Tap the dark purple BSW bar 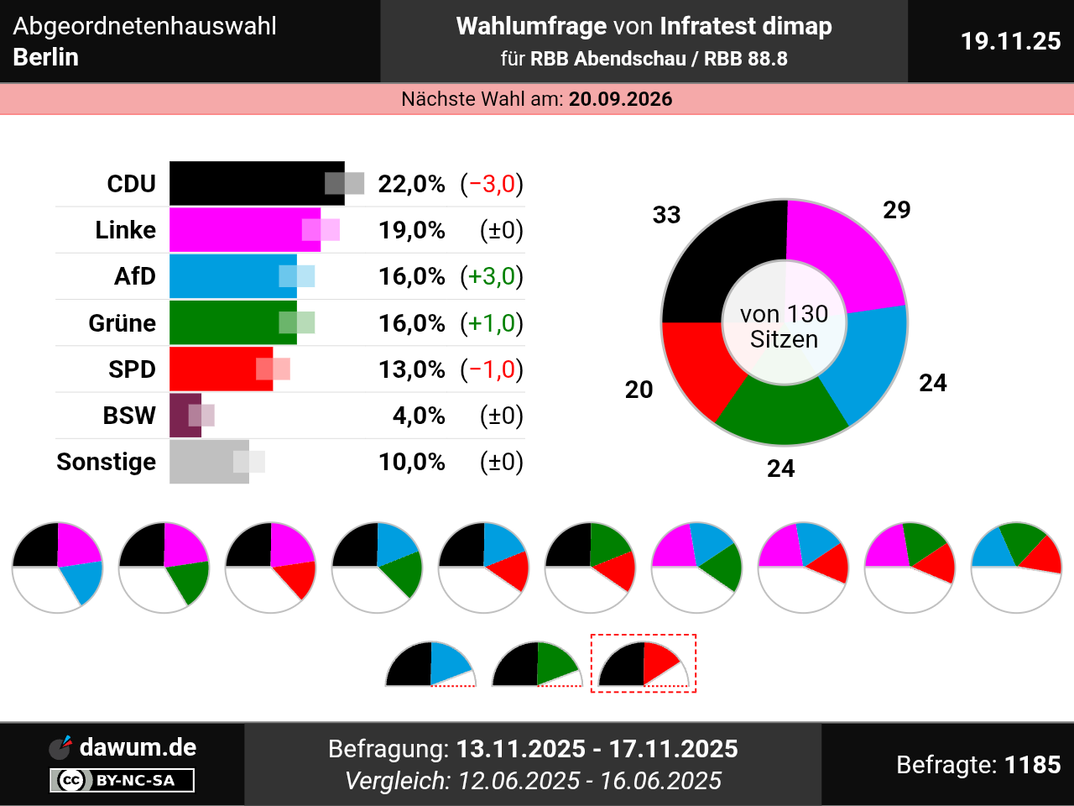click(185, 416)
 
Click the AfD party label click(135, 276)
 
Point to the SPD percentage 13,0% click(411, 369)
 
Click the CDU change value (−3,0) click(492, 184)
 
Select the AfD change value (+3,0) click(492, 276)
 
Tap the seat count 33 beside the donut click(666, 215)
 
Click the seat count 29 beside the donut click(896, 210)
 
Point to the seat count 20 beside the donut click(639, 390)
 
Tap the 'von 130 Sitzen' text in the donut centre click(784, 327)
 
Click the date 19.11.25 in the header click(1010, 41)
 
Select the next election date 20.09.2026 click(620, 99)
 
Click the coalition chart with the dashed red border click(644, 663)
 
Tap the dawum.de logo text click(138, 747)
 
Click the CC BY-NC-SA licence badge click(123, 780)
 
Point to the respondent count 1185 click(1032, 765)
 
